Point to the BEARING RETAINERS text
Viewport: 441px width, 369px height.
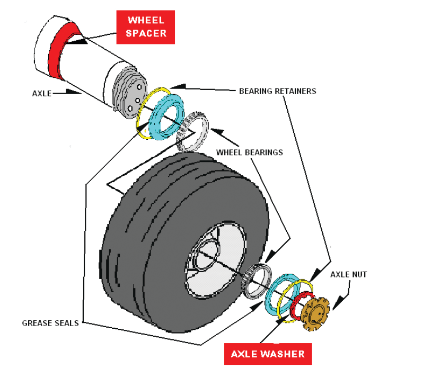[x=277, y=91]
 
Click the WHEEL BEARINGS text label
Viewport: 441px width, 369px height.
[x=250, y=152]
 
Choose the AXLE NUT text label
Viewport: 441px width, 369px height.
[x=348, y=275]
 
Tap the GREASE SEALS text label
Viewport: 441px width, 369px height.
[x=50, y=322]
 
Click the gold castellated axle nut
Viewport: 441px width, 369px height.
[x=315, y=313]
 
